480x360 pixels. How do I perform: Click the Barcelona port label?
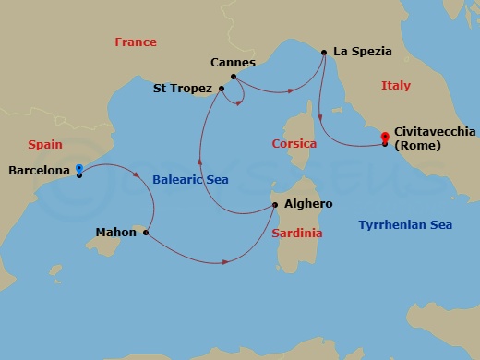pyautogui.click(x=39, y=171)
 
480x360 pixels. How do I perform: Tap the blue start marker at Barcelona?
pyautogui.click(x=79, y=169)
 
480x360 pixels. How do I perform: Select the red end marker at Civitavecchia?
pyautogui.click(x=385, y=139)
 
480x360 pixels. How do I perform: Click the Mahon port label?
pyautogui.click(x=115, y=233)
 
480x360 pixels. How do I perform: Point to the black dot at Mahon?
pyautogui.click(x=146, y=233)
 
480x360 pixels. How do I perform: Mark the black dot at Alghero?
pyautogui.click(x=274, y=204)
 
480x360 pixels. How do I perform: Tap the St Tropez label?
pyautogui.click(x=184, y=90)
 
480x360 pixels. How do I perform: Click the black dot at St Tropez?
pyautogui.click(x=222, y=90)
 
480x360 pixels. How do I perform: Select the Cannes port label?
pyautogui.click(x=233, y=63)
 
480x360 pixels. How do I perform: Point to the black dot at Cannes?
pyautogui.click(x=233, y=77)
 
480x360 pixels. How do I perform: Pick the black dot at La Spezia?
pyautogui.click(x=324, y=53)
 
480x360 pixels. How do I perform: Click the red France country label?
pyautogui.click(x=135, y=42)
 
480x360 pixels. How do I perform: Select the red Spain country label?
pyautogui.click(x=45, y=145)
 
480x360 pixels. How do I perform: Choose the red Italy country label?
pyautogui.click(x=395, y=86)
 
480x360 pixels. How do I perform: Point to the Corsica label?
pyautogui.click(x=294, y=144)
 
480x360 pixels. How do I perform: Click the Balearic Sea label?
pyautogui.click(x=190, y=180)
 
